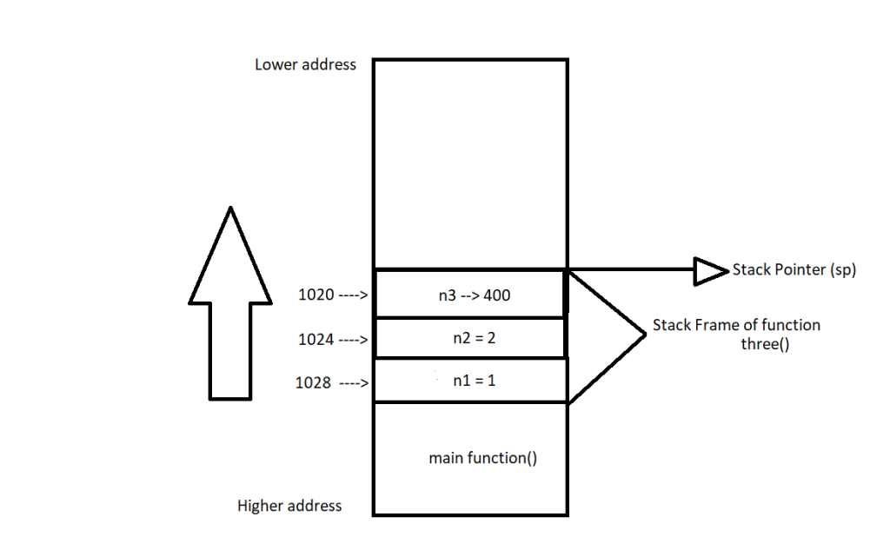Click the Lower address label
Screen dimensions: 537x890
(x=305, y=64)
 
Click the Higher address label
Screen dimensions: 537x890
(x=289, y=506)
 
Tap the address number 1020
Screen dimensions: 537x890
(x=315, y=295)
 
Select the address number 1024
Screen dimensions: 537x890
(x=315, y=340)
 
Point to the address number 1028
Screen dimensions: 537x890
(x=313, y=382)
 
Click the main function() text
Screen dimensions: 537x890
(x=482, y=458)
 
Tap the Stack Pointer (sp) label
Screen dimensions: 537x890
(x=794, y=270)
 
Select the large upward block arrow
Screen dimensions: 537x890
(x=229, y=304)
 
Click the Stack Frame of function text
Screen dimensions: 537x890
(x=736, y=325)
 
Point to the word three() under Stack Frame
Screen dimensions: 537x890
(x=753, y=342)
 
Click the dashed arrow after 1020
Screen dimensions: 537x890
(x=354, y=295)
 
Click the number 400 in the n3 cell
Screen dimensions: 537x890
(x=496, y=295)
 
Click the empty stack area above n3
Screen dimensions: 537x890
(x=470, y=165)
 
